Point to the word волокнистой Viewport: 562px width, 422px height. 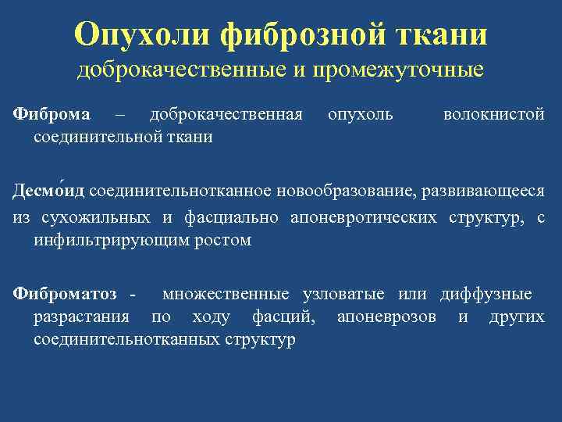coord(493,115)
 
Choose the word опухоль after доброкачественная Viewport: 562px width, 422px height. coord(361,115)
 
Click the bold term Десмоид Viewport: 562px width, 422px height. coord(48,192)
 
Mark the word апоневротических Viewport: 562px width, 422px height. coord(364,217)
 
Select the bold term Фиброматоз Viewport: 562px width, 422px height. coord(65,295)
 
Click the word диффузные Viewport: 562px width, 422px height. coord(486,295)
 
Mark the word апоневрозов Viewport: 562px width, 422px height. coord(386,318)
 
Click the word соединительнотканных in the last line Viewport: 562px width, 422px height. coord(126,341)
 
